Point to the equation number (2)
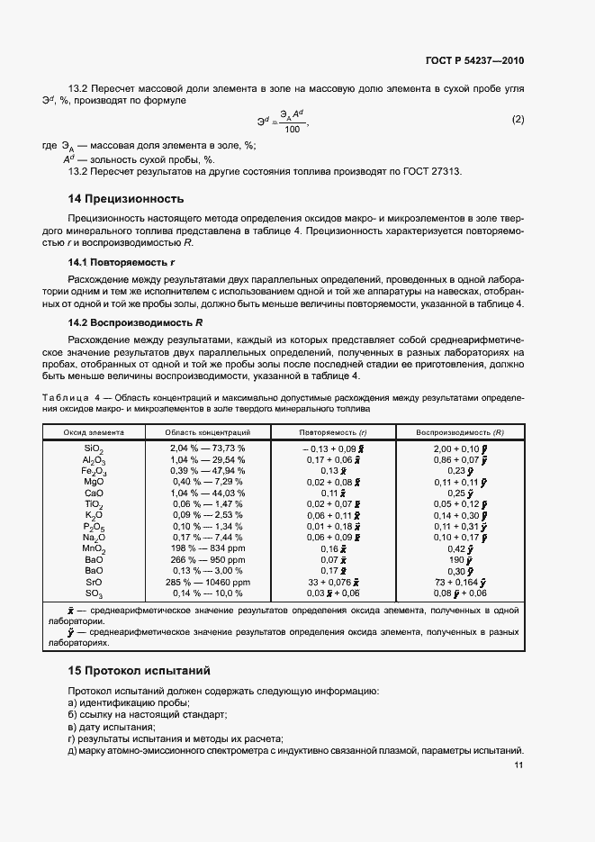[518, 119]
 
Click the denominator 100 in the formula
[291, 130]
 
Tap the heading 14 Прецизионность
[126, 198]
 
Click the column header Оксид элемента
[94, 432]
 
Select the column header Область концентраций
[207, 432]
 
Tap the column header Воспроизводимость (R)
[460, 432]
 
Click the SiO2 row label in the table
[95, 448]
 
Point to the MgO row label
[95, 482]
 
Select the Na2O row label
[95, 538]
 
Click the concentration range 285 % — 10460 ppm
[207, 582]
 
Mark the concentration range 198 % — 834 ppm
[207, 548]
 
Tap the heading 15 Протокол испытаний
[139, 671]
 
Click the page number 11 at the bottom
[518, 765]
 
